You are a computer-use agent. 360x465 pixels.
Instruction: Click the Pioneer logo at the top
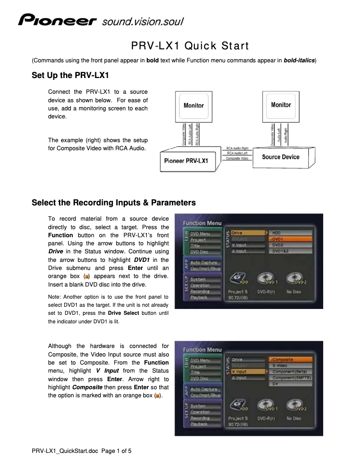(57, 21)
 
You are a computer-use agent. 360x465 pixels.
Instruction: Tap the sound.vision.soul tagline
(143, 21)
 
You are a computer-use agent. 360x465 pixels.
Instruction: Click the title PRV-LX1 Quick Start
(189, 46)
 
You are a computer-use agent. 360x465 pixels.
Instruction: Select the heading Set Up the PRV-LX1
(70, 74)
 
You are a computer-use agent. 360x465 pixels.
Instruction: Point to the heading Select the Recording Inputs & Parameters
(114, 203)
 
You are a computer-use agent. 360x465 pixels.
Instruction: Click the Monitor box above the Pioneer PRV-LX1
(193, 106)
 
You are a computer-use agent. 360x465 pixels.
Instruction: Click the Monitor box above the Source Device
(281, 105)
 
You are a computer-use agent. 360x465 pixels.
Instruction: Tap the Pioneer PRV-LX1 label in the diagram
(186, 161)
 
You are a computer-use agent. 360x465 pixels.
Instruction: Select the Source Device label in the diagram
(281, 157)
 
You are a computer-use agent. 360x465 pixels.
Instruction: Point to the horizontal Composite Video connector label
(237, 158)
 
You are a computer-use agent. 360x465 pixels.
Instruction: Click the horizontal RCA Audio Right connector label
(237, 148)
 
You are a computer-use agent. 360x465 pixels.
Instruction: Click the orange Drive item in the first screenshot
(246, 233)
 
